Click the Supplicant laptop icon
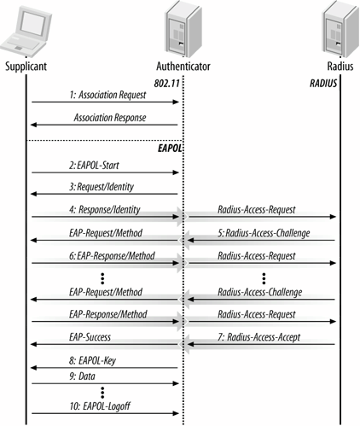click(x=26, y=32)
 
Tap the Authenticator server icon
click(x=183, y=28)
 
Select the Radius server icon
click(x=340, y=29)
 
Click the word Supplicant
click(x=26, y=67)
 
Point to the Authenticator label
click(x=183, y=67)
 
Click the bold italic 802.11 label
click(x=167, y=84)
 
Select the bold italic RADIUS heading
click(x=323, y=84)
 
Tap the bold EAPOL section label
click(x=170, y=149)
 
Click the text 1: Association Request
click(x=107, y=95)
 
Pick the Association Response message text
click(x=110, y=118)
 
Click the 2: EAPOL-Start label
click(x=94, y=166)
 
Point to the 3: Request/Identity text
click(x=102, y=187)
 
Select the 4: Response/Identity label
click(x=105, y=210)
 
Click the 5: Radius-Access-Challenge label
click(x=264, y=233)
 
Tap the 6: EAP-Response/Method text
click(x=112, y=256)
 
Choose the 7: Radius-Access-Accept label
click(x=259, y=337)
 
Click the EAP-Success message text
click(x=90, y=337)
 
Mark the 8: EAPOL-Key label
click(x=92, y=360)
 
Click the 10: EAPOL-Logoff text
click(x=100, y=406)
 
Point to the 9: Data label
click(x=82, y=376)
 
